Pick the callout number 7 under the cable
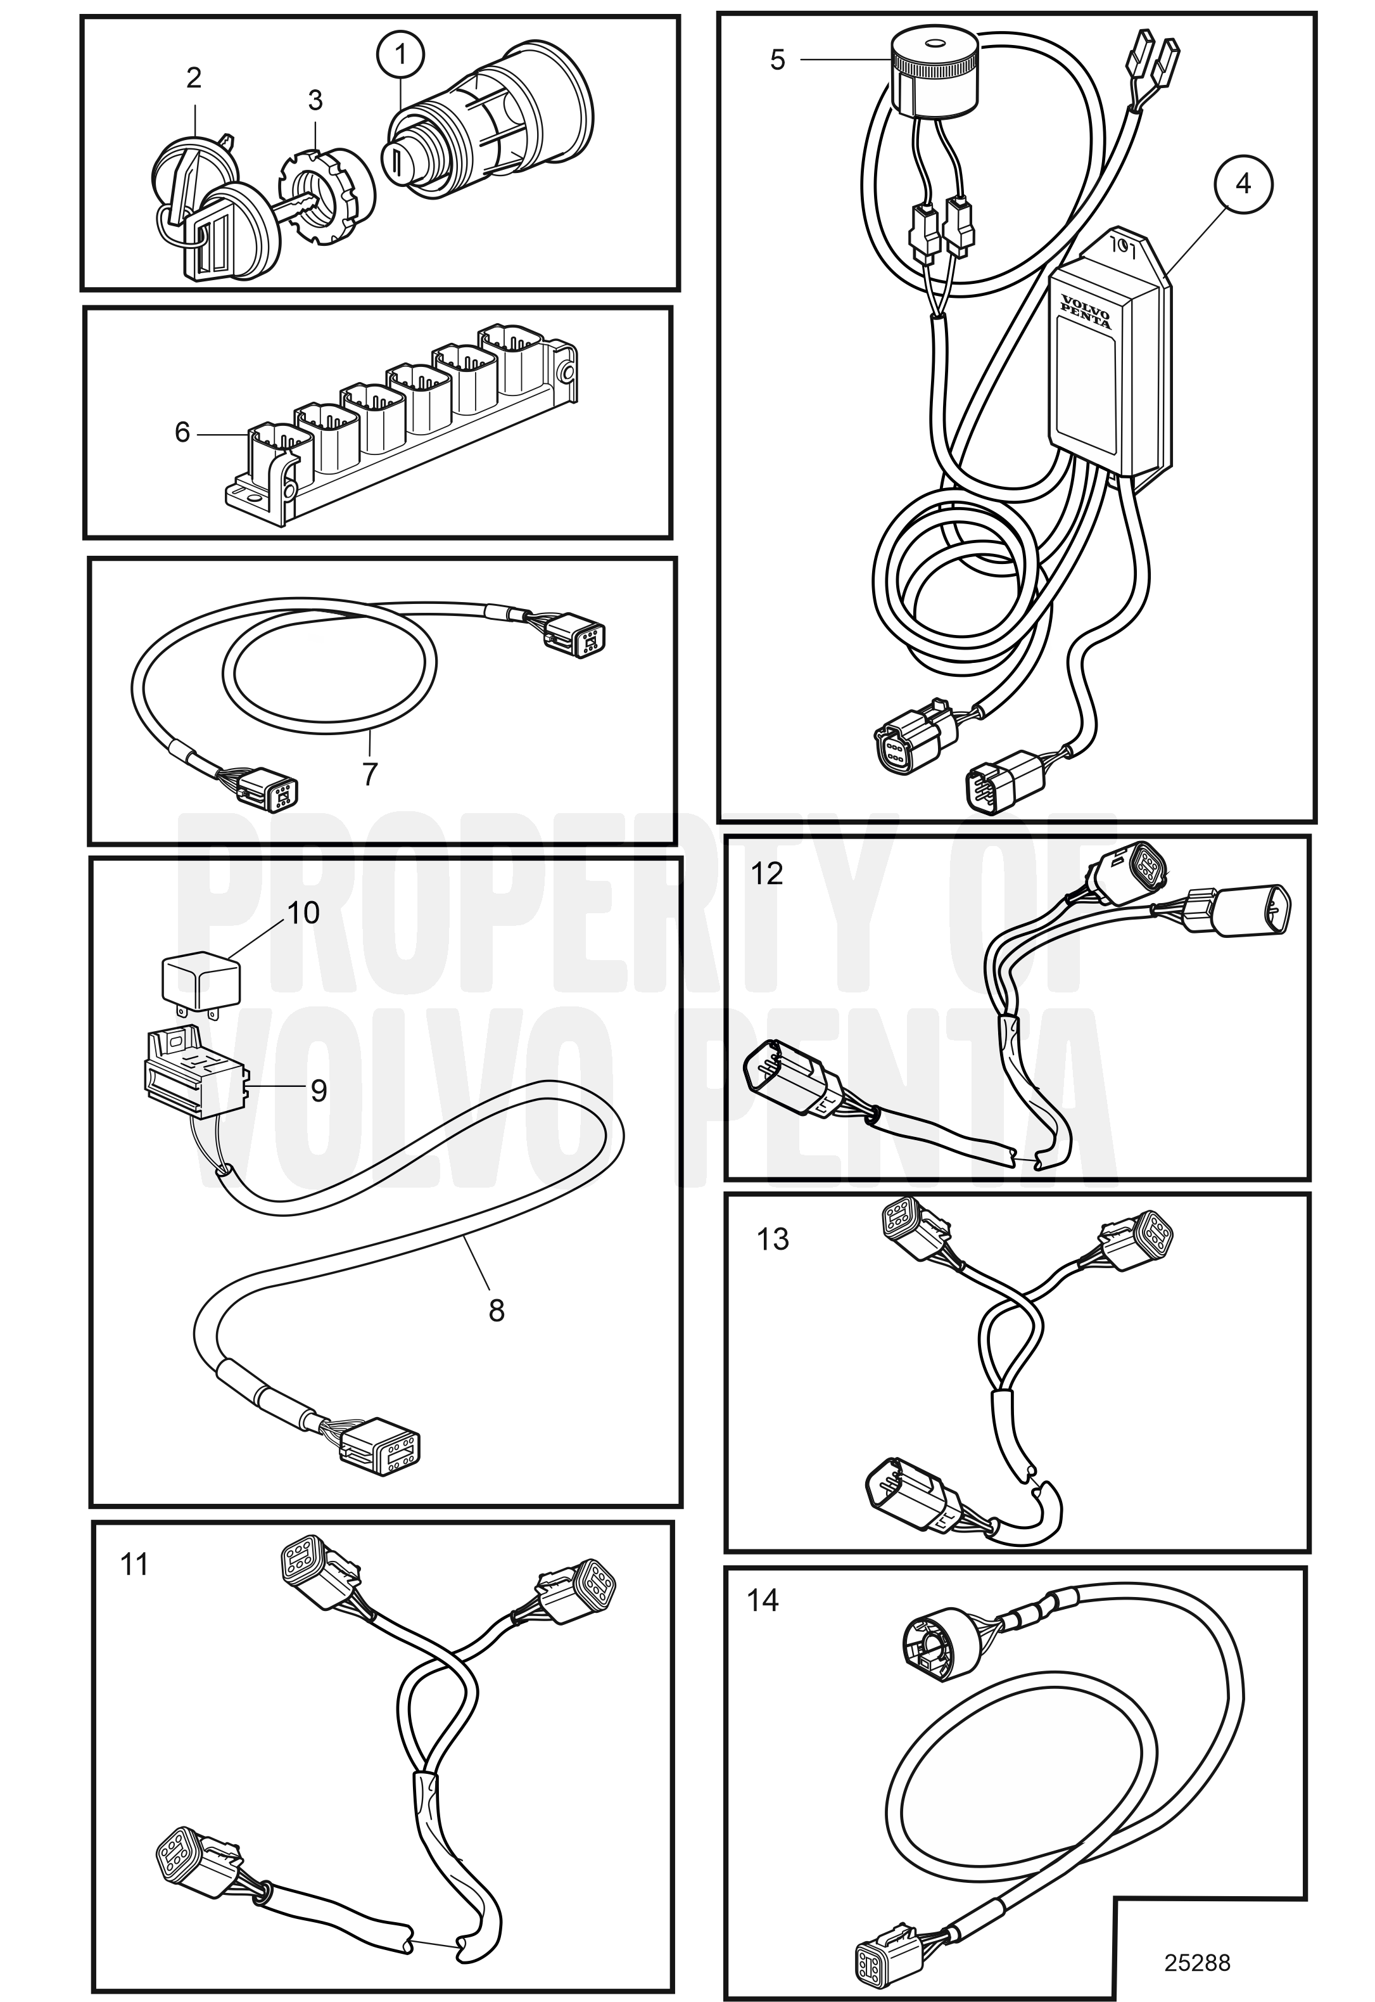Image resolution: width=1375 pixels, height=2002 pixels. [370, 774]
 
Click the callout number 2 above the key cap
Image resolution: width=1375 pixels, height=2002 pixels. [194, 77]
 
